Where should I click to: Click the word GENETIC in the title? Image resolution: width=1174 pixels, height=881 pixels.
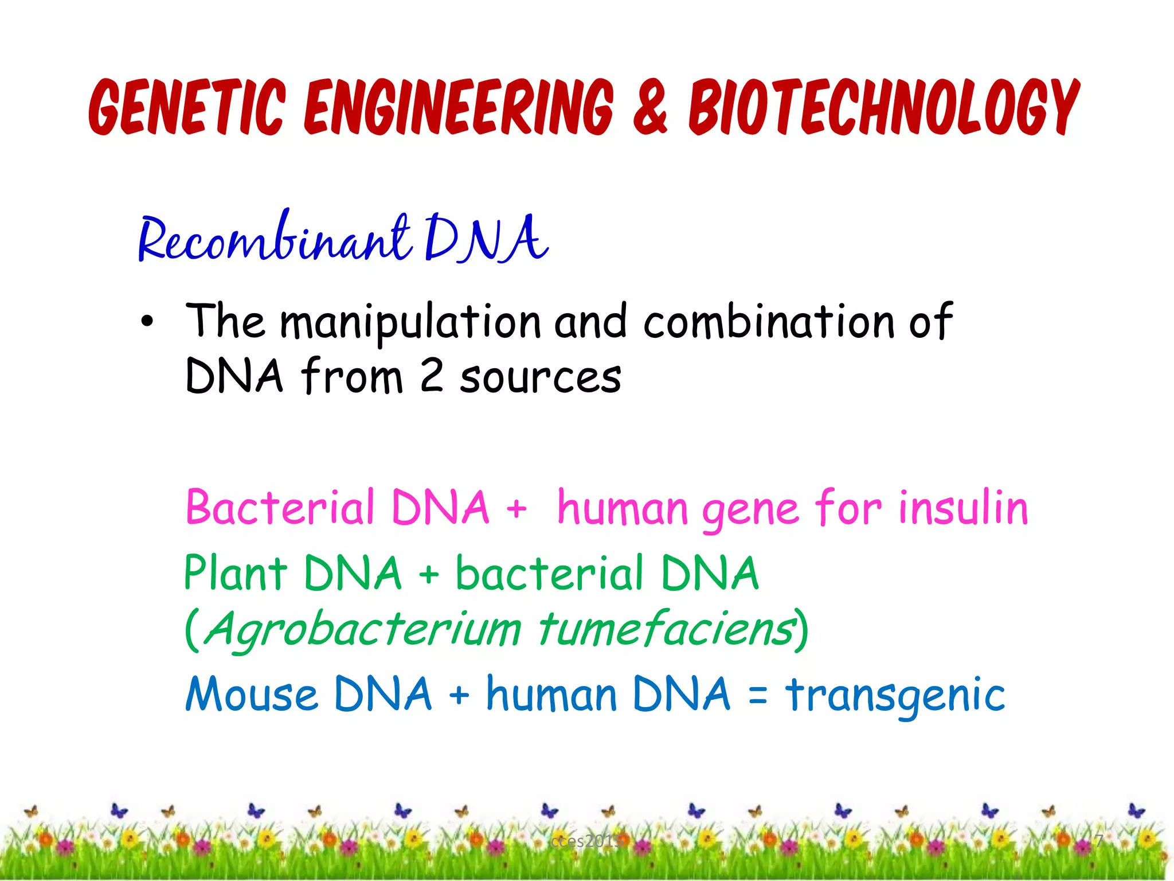coord(186,107)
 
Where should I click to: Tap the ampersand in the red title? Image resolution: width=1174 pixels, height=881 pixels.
coord(651,107)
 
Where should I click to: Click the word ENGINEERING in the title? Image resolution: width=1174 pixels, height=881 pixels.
coord(459,107)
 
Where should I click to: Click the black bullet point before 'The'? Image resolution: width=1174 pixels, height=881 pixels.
coord(147,322)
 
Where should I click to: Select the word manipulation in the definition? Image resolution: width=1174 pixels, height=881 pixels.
coord(410,322)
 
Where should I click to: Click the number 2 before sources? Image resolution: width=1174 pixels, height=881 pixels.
coord(431,376)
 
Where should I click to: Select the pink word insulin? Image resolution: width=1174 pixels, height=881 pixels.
coord(963,508)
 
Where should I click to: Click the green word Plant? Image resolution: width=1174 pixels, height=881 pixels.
coord(235,573)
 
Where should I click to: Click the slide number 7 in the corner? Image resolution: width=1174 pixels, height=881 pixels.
coord(1098,841)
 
